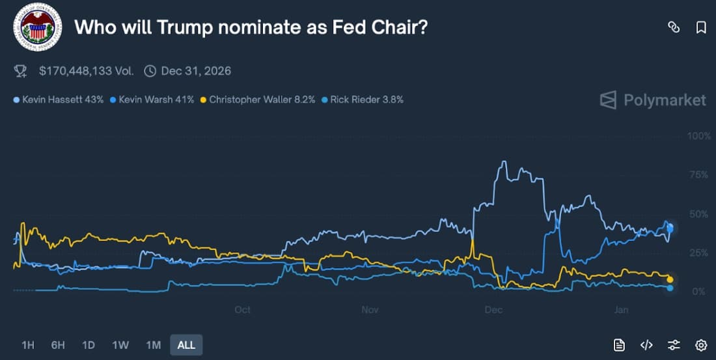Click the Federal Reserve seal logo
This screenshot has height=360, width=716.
pos(38,27)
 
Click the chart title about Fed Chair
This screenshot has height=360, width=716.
pos(251,27)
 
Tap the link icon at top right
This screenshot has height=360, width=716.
pos(674,27)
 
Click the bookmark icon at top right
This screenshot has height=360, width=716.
pos(701,27)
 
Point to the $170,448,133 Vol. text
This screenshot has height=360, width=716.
pos(86,71)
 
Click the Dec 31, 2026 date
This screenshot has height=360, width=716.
pos(195,71)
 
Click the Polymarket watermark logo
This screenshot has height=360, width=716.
pos(653,100)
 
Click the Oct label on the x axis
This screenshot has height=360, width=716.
pos(243,310)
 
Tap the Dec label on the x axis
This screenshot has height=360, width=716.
pos(493,310)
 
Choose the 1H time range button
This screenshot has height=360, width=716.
pos(27,345)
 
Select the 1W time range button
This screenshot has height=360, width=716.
pos(120,345)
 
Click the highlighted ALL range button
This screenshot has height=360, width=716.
pos(186,345)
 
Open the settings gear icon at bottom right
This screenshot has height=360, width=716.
pos(701,345)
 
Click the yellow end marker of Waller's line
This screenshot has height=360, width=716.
pos(670,279)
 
